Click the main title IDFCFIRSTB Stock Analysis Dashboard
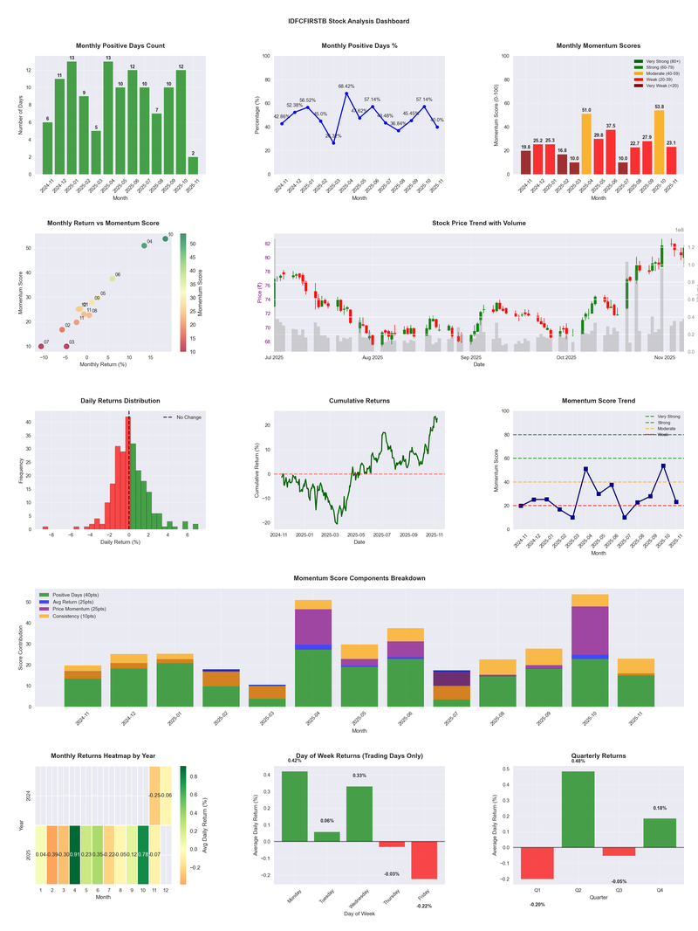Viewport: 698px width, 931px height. point(348,21)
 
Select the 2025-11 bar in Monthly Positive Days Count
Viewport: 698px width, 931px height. point(192,165)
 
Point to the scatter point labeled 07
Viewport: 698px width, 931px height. point(40,347)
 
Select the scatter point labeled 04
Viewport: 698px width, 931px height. point(144,245)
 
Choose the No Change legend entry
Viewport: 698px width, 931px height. point(188,417)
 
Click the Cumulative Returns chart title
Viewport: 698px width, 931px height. point(359,401)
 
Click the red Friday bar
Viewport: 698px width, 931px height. point(424,859)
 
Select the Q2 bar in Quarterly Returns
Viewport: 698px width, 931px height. point(578,809)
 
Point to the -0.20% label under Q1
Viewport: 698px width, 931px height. point(537,904)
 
